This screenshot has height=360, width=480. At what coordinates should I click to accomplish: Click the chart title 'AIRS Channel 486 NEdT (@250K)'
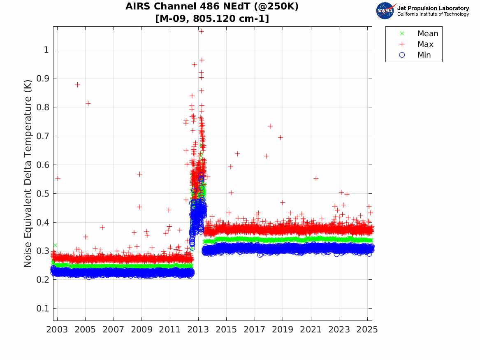pyautogui.click(x=212, y=7)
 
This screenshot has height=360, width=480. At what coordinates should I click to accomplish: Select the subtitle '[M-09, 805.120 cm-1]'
pyautogui.click(x=212, y=19)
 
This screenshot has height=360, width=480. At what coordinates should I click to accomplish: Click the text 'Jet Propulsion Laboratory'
pyautogui.click(x=433, y=8)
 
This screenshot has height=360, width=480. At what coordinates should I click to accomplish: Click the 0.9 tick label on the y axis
pyautogui.click(x=43, y=79)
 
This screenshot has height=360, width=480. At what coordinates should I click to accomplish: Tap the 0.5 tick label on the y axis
pyautogui.click(x=43, y=194)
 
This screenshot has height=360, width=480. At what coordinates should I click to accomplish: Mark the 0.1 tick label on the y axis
pyautogui.click(x=43, y=309)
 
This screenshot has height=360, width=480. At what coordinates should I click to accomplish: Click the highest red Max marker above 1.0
pyautogui.click(x=202, y=31)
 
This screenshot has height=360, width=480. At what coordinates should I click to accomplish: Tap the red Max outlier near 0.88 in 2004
pyautogui.click(x=77, y=85)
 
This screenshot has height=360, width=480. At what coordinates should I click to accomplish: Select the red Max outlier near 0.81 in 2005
pyautogui.click(x=88, y=103)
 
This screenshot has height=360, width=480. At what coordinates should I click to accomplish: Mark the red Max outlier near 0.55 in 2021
pyautogui.click(x=316, y=178)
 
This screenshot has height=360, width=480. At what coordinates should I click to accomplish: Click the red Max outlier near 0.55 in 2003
pyautogui.click(x=58, y=178)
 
